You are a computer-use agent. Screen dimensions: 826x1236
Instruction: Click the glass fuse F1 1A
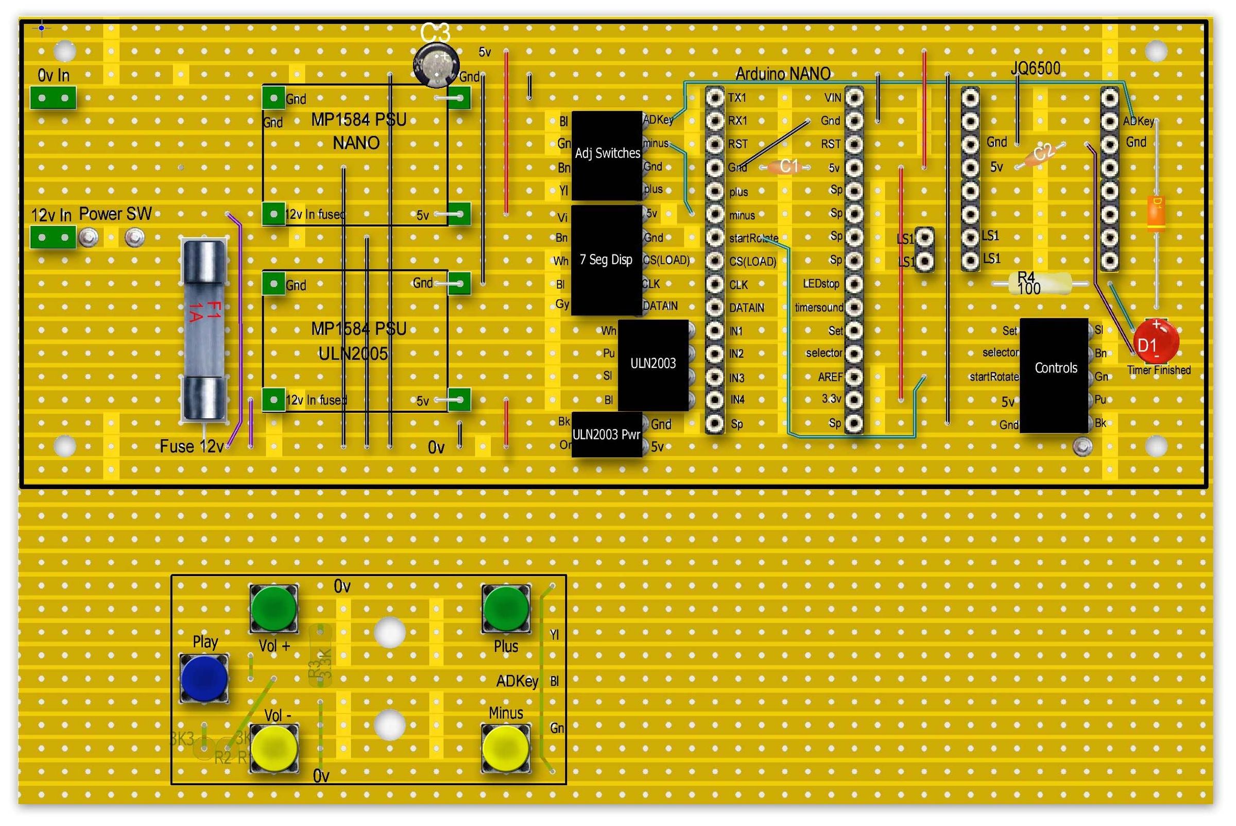coord(204,330)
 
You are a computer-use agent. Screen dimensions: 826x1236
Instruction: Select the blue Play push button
coord(204,678)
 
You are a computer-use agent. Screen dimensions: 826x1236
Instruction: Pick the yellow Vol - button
coord(274,749)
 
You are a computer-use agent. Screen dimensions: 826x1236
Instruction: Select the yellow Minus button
coord(506,749)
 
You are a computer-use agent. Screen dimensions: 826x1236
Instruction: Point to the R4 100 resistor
coord(1040,284)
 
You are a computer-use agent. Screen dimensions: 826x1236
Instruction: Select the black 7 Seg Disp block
coord(607,260)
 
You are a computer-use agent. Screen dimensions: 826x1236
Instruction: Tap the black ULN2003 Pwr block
coord(607,434)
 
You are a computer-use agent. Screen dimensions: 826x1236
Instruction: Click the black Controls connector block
coord(1054,375)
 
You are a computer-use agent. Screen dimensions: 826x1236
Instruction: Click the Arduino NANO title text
coord(783,74)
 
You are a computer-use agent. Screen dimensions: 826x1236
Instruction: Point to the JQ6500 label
coord(1035,69)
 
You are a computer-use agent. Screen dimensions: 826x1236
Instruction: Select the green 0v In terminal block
coord(53,98)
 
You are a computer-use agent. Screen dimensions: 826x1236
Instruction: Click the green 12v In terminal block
coord(53,237)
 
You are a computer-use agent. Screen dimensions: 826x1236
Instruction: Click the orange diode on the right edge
coord(1156,213)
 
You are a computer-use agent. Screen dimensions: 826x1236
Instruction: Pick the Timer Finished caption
coord(1159,370)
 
